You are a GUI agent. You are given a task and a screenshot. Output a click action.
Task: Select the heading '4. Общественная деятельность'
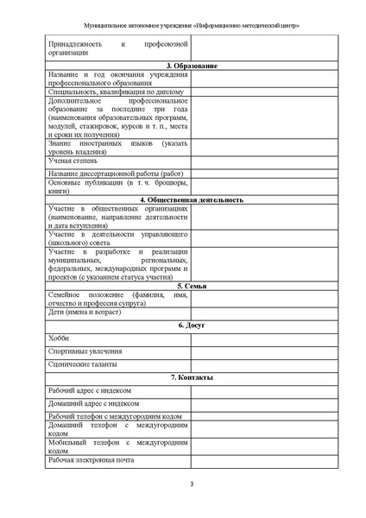[x=191, y=199]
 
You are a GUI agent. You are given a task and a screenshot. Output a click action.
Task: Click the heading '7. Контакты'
[x=191, y=378]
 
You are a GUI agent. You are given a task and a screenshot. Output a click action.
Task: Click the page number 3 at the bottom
[x=192, y=483]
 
